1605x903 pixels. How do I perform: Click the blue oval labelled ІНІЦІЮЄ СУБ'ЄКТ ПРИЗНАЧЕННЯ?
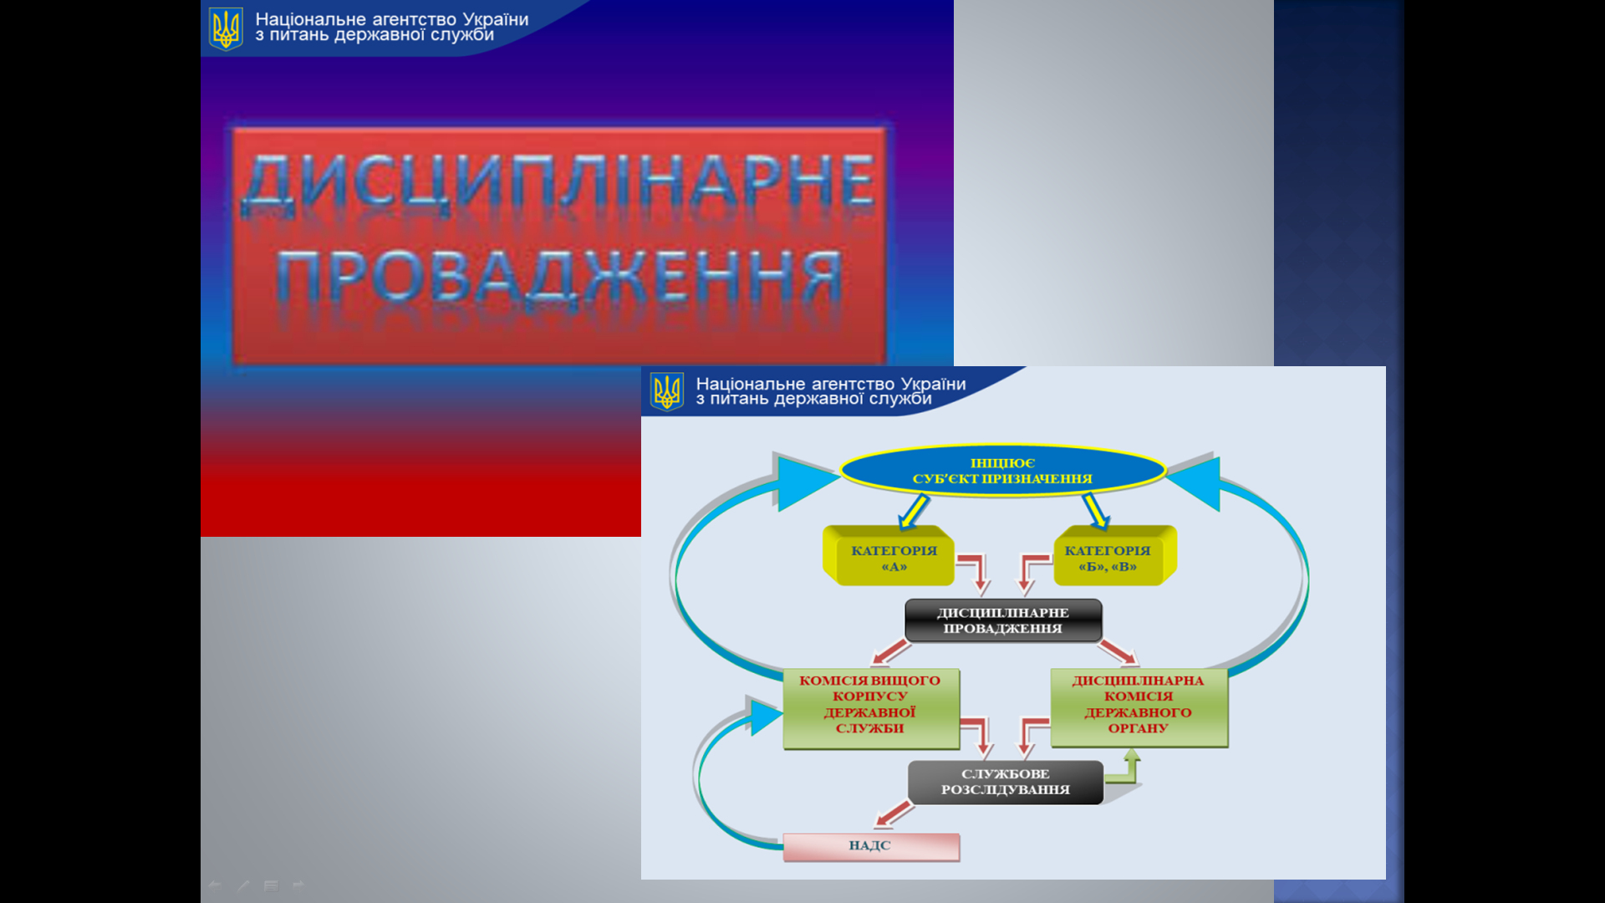1002,471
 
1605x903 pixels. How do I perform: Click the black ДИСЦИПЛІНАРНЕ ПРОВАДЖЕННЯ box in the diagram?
1003,620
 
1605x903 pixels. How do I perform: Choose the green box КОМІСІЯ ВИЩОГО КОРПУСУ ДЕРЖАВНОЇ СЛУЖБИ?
870,707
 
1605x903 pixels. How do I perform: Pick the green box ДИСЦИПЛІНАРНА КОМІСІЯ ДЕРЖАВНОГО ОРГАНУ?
1139,706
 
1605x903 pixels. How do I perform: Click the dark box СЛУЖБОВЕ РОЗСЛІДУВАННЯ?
1005,782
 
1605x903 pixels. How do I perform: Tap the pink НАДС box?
870,846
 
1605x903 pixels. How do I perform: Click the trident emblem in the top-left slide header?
226,29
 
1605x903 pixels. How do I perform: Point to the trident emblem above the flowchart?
667,391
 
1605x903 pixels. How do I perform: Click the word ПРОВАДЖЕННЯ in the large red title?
558,278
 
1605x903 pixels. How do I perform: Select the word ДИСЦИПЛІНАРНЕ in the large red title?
558,181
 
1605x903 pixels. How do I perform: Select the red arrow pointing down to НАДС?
894,814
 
